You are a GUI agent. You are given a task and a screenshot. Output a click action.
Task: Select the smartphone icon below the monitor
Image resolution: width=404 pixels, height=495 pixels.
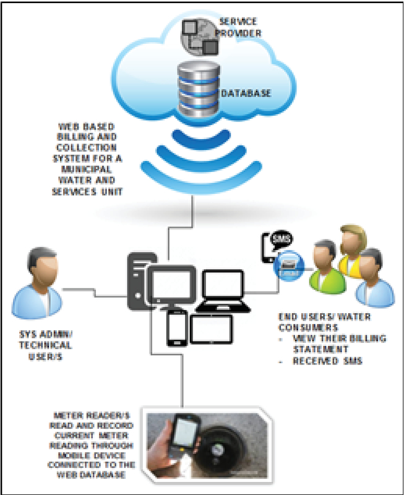click(176, 327)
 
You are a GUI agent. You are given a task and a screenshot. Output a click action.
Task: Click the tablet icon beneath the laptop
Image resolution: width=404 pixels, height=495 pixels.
click(210, 330)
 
